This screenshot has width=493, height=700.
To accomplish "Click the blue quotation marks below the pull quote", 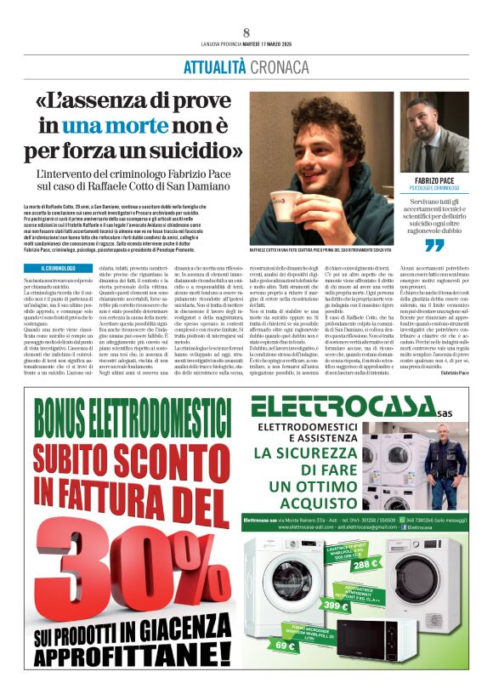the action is [x=434, y=246].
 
